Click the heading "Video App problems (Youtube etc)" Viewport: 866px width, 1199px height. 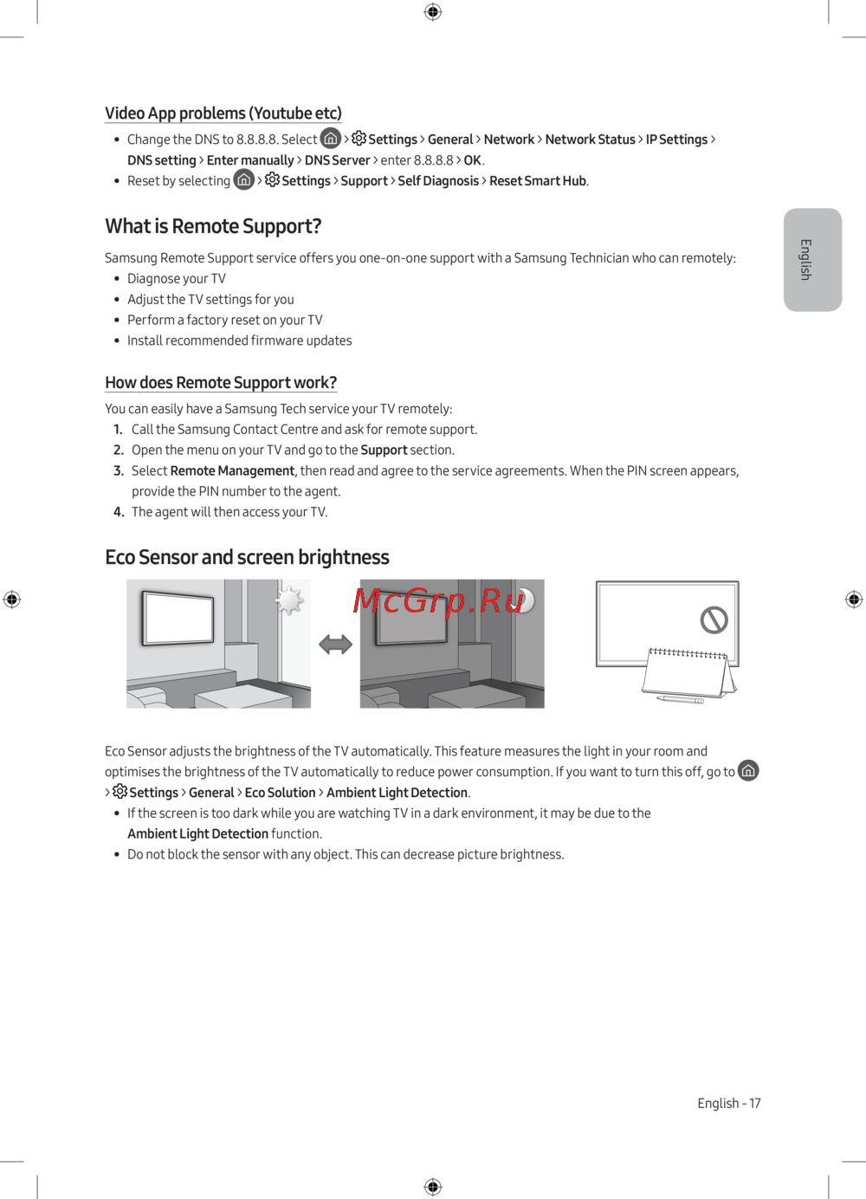(x=223, y=113)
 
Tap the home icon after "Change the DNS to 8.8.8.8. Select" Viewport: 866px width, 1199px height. (x=331, y=139)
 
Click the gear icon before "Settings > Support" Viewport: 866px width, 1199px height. (x=272, y=180)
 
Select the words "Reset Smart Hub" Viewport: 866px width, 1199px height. (x=538, y=181)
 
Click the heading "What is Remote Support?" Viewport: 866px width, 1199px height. (x=213, y=226)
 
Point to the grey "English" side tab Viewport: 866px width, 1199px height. (x=812, y=259)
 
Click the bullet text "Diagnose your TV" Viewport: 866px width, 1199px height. (x=177, y=279)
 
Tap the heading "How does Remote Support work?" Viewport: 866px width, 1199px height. (x=221, y=383)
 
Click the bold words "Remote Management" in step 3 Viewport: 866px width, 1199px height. (x=232, y=471)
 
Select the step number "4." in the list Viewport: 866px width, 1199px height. (x=120, y=512)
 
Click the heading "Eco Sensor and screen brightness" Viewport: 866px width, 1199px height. (x=247, y=557)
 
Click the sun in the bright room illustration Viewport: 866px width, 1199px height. (x=289, y=599)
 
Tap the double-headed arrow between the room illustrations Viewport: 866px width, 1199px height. (x=335, y=645)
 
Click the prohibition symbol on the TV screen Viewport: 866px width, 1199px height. (x=714, y=619)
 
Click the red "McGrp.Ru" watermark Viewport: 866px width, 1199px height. (x=438, y=600)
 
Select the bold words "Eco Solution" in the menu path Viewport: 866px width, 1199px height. (x=280, y=793)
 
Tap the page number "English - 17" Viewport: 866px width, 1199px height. (x=728, y=1104)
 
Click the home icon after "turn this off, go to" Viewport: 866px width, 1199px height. (x=748, y=771)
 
